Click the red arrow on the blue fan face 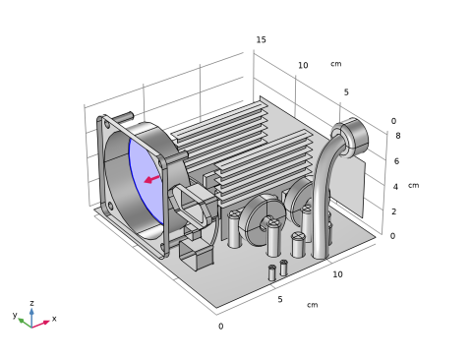point(151,179)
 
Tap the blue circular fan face point(145,180)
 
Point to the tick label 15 point(261,39)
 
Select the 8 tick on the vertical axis point(398,136)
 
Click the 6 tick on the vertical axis point(396,161)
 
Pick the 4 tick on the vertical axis point(395,187)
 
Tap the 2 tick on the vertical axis point(394,211)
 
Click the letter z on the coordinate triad point(31,303)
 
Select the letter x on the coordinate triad point(54,318)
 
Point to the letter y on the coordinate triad point(15,315)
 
